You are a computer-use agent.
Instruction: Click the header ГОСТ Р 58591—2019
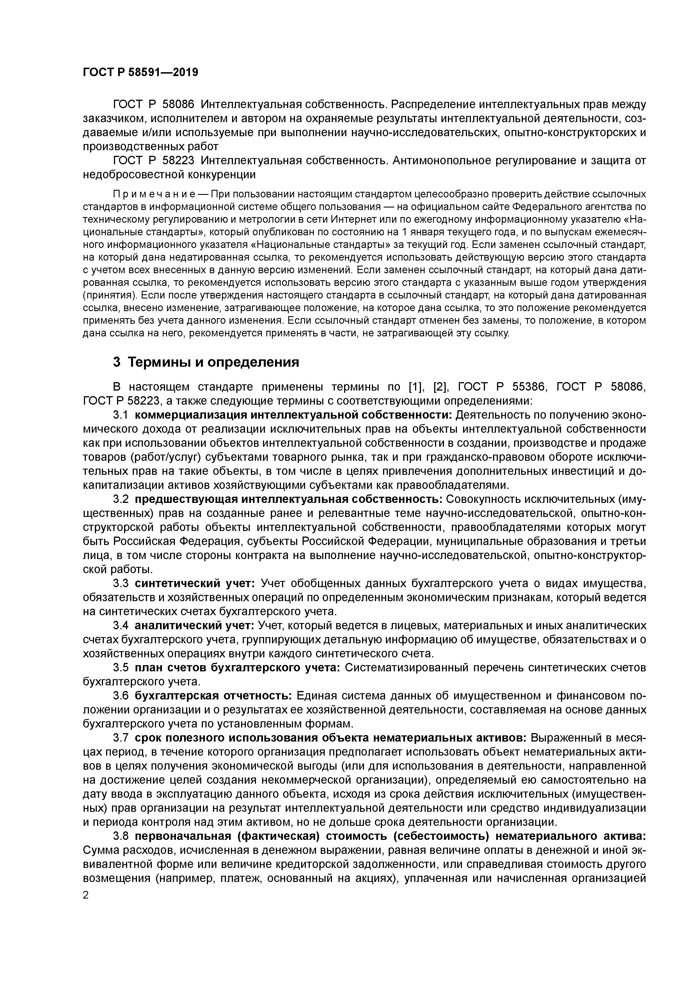tap(140, 72)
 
